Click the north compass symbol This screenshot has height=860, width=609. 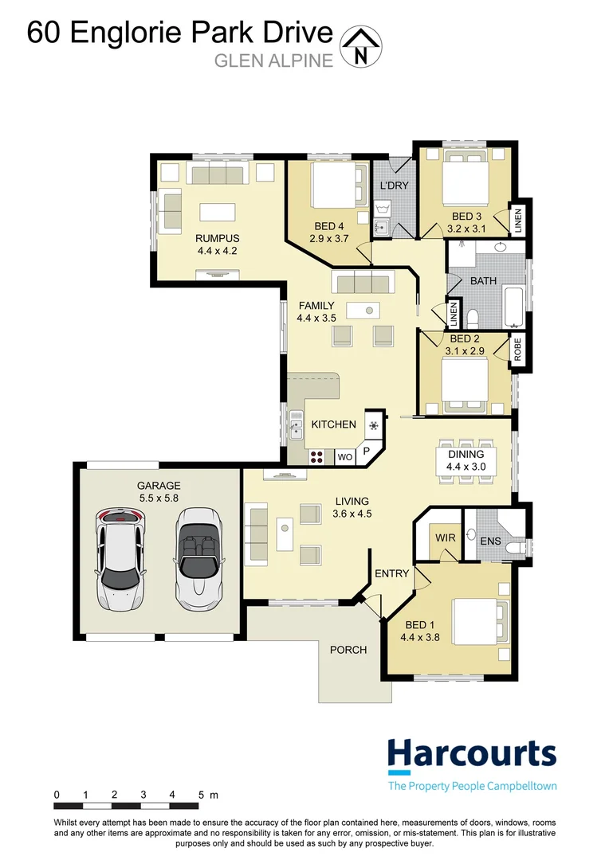361,45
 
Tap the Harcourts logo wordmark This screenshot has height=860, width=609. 472,753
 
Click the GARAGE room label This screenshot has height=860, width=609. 159,485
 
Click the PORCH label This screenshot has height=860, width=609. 348,650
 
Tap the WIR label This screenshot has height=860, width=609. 446,538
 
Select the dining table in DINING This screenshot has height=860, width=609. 466,460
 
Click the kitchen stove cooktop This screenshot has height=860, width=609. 316,457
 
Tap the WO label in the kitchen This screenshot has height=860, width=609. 344,458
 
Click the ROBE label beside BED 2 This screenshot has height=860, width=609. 517,350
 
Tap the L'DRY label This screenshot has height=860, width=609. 394,186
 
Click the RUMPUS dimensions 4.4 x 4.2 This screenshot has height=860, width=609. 218,251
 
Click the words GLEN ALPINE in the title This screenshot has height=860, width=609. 273,61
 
